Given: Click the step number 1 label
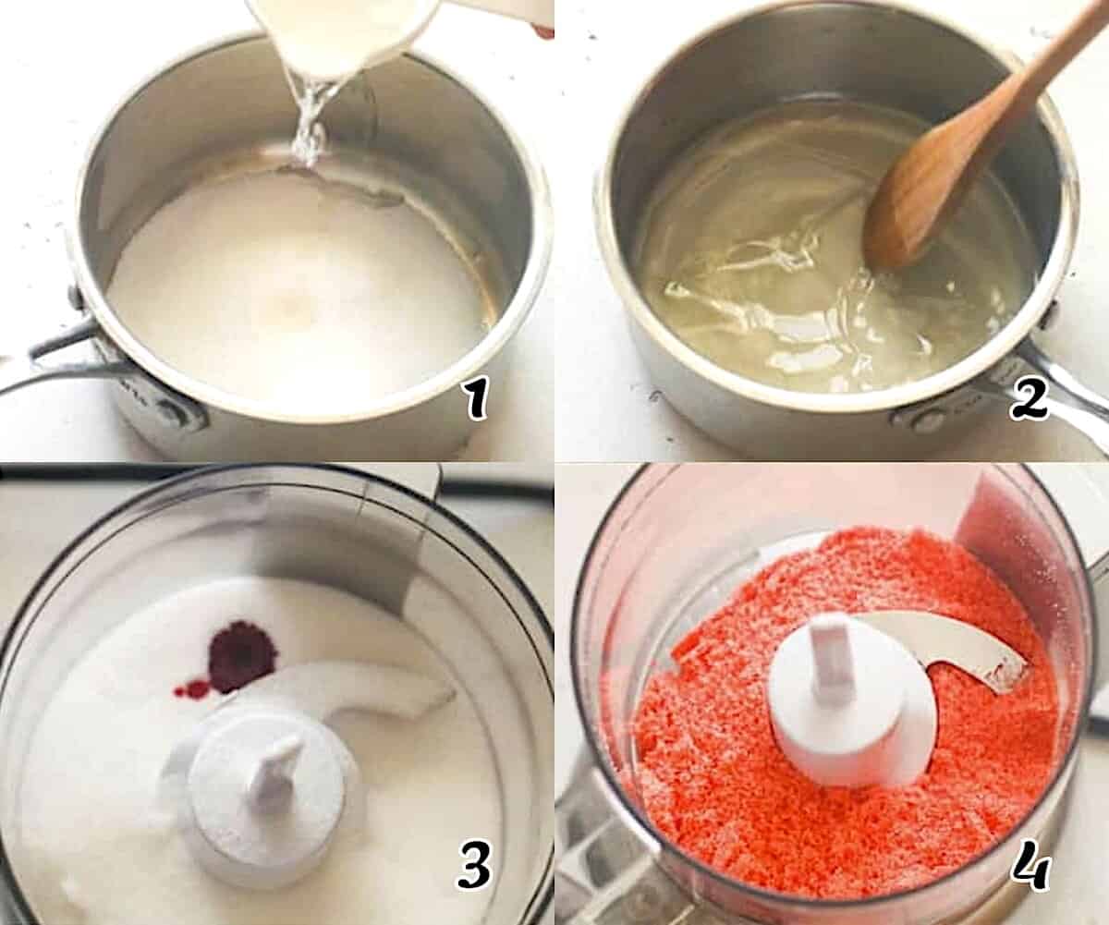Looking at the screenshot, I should [x=475, y=399].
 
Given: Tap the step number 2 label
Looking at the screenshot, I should [x=1029, y=399].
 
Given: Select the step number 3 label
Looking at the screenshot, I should [x=473, y=870].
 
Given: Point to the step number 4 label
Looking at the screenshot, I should [x=1031, y=870].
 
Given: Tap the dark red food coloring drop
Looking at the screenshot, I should [x=241, y=656].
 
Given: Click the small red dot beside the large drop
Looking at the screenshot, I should [x=193, y=688].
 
